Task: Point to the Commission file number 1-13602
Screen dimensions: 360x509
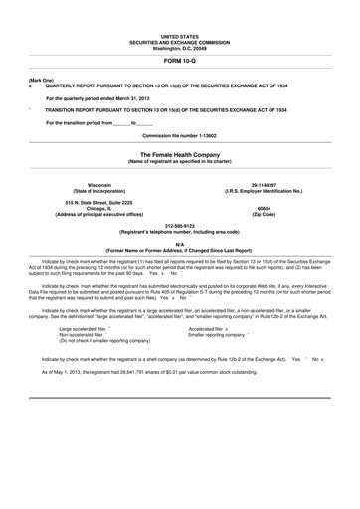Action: (180, 133)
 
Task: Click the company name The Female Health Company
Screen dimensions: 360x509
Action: (180, 155)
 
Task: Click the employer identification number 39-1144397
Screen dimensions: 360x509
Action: (265, 185)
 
